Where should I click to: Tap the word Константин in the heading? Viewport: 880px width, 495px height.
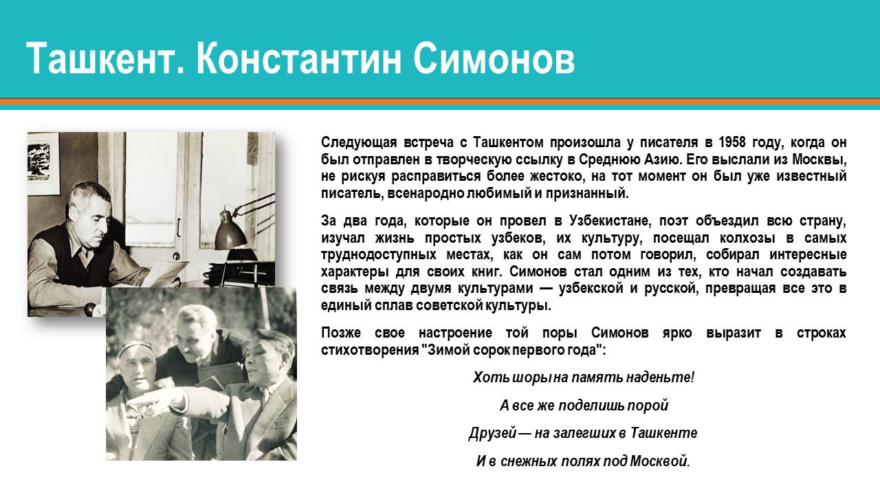point(298,58)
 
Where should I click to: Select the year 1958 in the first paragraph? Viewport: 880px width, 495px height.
point(732,142)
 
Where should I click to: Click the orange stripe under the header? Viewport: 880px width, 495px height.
point(440,102)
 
